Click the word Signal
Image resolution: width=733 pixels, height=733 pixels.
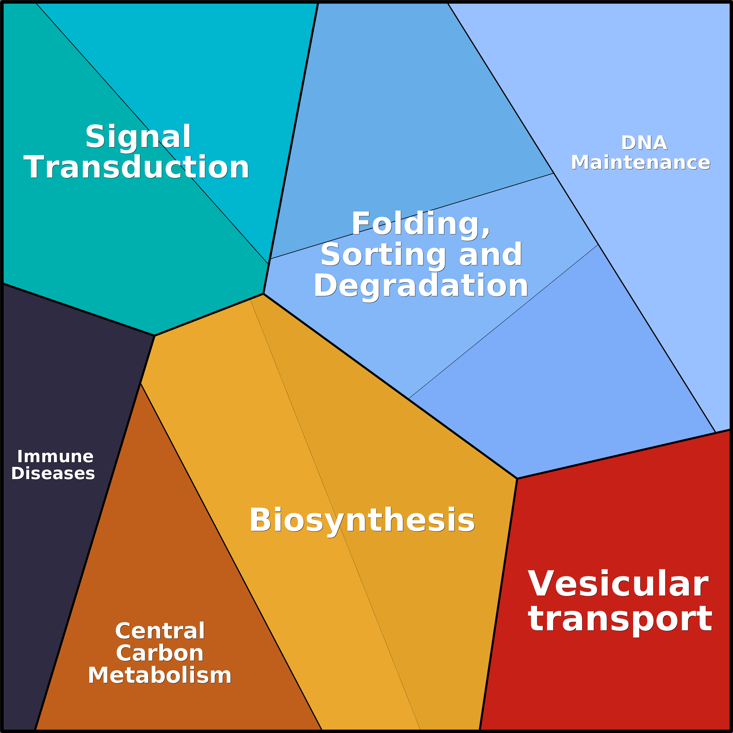pos(138,137)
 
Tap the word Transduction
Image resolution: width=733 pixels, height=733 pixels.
pos(136,167)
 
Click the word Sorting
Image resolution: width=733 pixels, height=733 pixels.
pos(383,255)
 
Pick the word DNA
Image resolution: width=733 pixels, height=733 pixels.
pos(644,143)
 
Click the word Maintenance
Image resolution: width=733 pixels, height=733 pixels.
pos(640,163)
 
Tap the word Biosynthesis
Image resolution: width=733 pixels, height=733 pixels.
pos(362,521)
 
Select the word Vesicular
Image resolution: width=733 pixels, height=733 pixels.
pos(618,584)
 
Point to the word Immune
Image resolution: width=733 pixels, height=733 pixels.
pos(55,456)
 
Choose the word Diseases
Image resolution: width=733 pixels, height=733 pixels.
pos(53,474)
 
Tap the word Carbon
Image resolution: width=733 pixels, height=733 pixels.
pos(160,653)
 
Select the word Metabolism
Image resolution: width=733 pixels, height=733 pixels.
pos(160,676)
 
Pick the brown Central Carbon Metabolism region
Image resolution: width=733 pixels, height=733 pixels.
pos(159,569)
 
